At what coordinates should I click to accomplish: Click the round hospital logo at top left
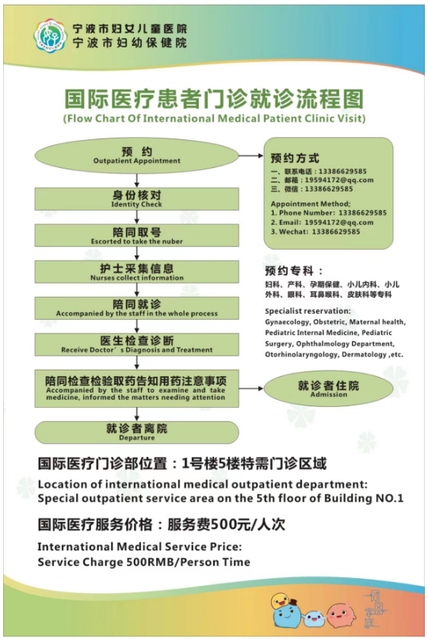pos(50,36)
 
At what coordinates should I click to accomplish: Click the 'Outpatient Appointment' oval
pos(136,156)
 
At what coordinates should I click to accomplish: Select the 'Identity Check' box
pos(136,199)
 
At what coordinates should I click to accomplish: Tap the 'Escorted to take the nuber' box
pos(136,235)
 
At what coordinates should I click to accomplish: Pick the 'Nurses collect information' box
pos(136,272)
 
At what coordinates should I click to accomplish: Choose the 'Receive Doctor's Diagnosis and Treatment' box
pos(136,344)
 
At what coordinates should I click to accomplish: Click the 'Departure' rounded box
pos(136,432)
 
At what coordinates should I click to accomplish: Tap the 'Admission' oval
pos(328,388)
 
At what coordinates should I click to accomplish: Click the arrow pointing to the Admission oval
pos(251,388)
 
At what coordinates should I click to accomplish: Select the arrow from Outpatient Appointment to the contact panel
pos(251,156)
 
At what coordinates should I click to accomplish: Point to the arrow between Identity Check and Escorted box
pos(136,217)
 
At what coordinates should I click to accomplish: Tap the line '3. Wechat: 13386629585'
pos(315,232)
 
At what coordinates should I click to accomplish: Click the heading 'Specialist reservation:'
pos(308,311)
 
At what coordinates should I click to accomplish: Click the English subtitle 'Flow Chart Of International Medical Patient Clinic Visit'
pos(214,119)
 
